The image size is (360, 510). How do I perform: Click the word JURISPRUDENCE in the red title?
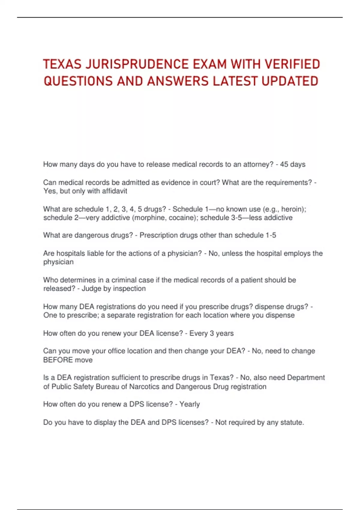point(136,64)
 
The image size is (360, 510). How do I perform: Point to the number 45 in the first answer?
point(284,164)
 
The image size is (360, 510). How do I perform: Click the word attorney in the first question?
point(258,164)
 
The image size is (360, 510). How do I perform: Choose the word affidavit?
point(115,191)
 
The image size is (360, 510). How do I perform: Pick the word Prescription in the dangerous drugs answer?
point(158,235)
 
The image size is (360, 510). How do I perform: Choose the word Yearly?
point(190,404)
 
